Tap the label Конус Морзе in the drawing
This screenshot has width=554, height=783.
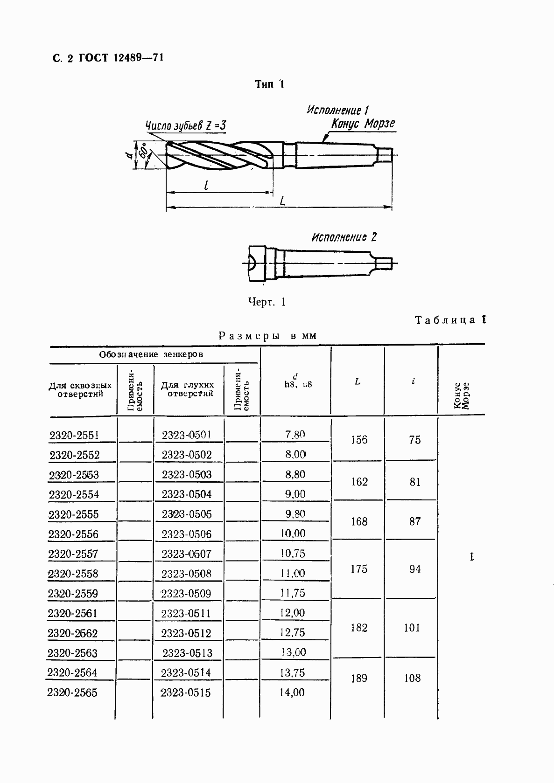click(x=363, y=124)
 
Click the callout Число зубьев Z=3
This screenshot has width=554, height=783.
click(x=185, y=126)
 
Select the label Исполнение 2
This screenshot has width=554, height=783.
click(x=344, y=237)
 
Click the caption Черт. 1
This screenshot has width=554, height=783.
click(x=267, y=302)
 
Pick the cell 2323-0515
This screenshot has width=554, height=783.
click(x=186, y=693)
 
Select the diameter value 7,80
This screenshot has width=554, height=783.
click(x=295, y=435)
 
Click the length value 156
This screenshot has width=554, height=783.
click(x=358, y=440)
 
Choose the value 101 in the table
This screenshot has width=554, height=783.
click(x=412, y=628)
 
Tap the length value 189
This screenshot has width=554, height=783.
click(x=358, y=678)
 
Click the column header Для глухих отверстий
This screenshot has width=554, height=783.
click(x=187, y=389)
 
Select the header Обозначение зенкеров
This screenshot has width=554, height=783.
click(x=151, y=354)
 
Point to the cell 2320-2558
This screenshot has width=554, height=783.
click(x=74, y=574)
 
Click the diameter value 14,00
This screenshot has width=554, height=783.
click(x=292, y=693)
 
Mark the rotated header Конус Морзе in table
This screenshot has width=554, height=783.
click(x=461, y=395)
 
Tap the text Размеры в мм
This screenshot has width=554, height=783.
click(x=267, y=336)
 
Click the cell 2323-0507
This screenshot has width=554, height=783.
click(x=186, y=554)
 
